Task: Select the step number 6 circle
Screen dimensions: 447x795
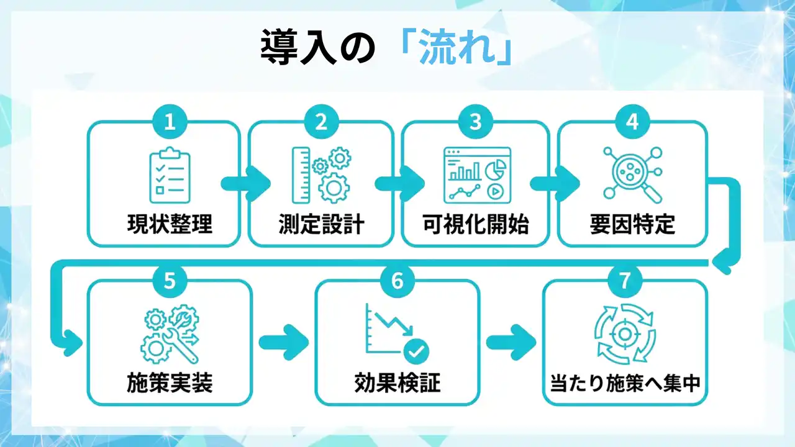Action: click(x=397, y=281)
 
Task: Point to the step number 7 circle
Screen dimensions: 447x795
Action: click(x=625, y=281)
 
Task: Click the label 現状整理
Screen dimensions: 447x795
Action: click(x=170, y=224)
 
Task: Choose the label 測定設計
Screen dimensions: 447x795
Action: click(x=321, y=224)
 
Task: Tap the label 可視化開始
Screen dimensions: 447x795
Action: click(x=475, y=224)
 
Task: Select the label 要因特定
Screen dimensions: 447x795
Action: click(x=632, y=224)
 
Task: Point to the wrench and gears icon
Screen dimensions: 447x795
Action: click(x=170, y=336)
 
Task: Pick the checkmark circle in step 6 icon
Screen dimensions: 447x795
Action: click(x=416, y=352)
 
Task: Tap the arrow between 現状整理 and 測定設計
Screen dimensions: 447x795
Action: click(x=245, y=183)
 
